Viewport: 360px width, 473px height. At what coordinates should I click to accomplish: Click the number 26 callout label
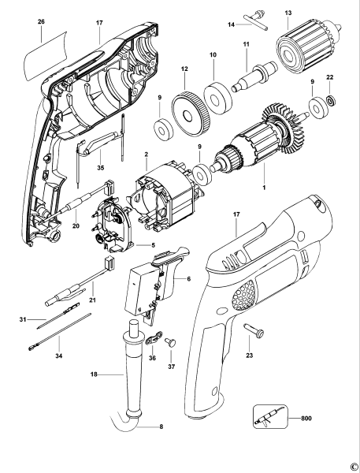click(40, 23)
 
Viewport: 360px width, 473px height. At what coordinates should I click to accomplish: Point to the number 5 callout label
click(164, 245)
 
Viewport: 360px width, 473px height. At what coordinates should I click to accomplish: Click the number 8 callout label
click(161, 426)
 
